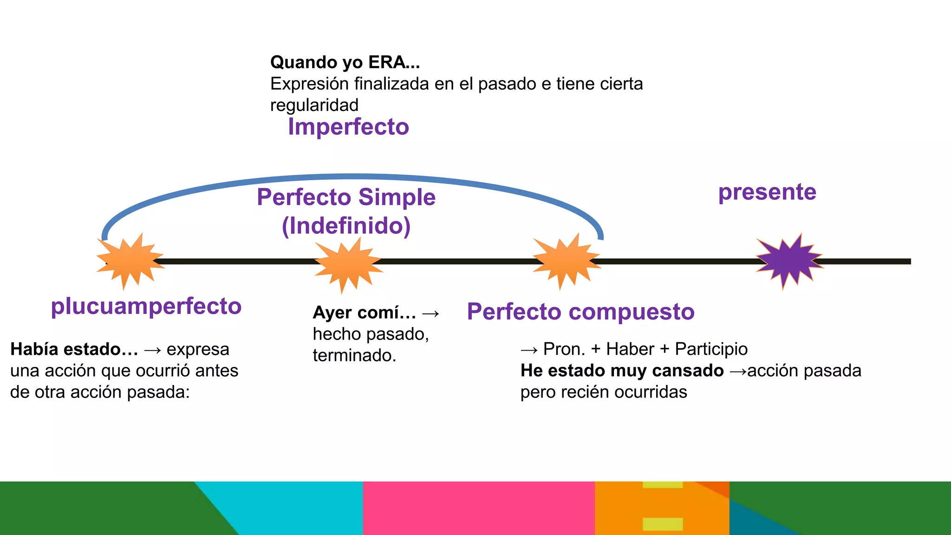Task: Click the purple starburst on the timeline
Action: (x=788, y=261)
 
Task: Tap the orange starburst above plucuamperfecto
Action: (x=130, y=261)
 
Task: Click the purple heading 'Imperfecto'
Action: (x=348, y=127)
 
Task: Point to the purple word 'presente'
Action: (x=767, y=192)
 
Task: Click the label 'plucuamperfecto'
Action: (x=146, y=307)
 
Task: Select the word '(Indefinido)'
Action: (x=346, y=226)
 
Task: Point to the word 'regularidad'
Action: (x=314, y=105)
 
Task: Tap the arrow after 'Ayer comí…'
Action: (x=431, y=313)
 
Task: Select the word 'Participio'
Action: (x=711, y=349)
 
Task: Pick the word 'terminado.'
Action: (x=354, y=356)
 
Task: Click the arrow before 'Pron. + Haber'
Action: (x=529, y=350)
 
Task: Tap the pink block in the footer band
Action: (x=478, y=508)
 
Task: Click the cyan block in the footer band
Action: (x=297, y=508)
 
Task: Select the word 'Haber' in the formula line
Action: (x=630, y=349)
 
